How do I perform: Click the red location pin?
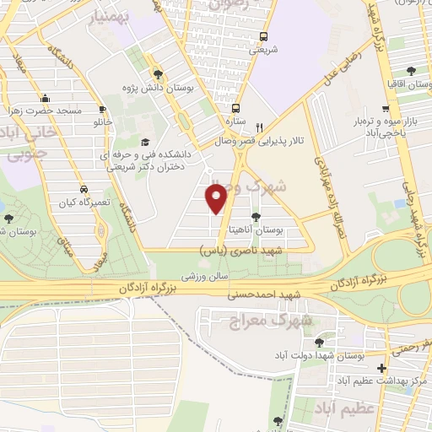click(217, 197)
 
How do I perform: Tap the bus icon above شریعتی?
click(264, 36)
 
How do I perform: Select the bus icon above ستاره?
click(235, 108)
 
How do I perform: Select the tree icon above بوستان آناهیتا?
click(279, 216)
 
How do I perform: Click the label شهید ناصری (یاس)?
click(242, 251)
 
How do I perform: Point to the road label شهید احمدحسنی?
click(259, 295)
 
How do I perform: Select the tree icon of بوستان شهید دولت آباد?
click(319, 343)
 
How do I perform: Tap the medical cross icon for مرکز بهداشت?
click(382, 369)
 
